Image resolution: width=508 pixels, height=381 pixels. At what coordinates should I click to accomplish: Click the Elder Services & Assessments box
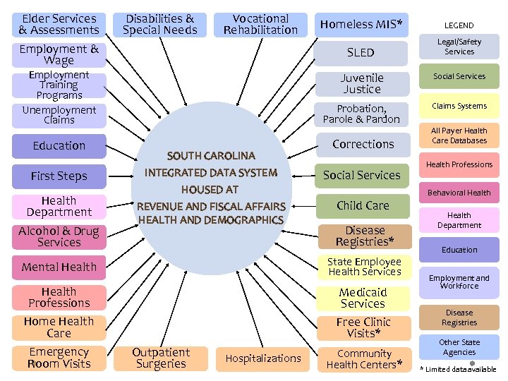(x=59, y=25)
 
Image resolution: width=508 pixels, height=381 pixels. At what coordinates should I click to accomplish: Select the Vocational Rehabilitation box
(x=260, y=25)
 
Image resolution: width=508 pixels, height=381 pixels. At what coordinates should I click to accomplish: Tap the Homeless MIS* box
(x=361, y=25)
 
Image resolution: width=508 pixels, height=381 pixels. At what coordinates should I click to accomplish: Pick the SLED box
(x=361, y=53)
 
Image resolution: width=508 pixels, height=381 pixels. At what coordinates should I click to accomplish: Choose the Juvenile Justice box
(x=361, y=84)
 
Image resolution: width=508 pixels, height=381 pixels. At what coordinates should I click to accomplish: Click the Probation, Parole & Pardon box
(x=361, y=114)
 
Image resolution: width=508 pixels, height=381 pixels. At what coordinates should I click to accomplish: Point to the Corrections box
(x=363, y=144)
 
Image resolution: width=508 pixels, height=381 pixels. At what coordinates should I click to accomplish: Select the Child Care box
(x=363, y=206)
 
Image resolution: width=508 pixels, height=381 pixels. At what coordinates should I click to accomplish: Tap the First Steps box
(x=59, y=176)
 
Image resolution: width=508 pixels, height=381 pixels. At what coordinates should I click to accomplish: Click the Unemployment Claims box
(x=59, y=115)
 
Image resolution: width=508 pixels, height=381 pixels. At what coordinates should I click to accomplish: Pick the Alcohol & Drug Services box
(x=59, y=237)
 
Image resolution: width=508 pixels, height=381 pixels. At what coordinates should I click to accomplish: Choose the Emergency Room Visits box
(x=59, y=358)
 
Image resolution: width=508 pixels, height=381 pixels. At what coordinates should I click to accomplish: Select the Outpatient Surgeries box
(x=161, y=358)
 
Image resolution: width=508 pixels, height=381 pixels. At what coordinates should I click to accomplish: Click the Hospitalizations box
(x=263, y=358)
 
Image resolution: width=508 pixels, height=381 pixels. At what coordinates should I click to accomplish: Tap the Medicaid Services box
(x=363, y=298)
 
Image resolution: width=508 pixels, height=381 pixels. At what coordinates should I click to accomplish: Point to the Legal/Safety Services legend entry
(x=459, y=47)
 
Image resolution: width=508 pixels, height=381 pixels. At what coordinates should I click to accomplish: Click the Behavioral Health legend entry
(x=459, y=193)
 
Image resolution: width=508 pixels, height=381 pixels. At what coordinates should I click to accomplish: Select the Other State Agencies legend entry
(x=459, y=347)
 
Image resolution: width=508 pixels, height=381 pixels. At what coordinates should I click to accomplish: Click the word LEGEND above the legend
(x=459, y=25)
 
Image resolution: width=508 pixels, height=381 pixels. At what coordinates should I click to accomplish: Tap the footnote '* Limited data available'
(x=459, y=369)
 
